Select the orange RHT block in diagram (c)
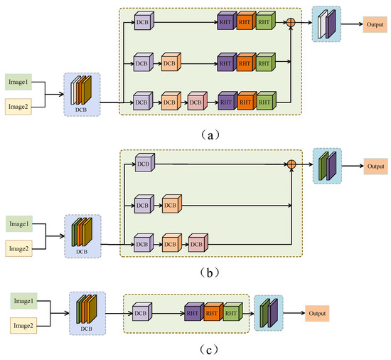click(211, 312)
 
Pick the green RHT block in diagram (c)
click(230, 312)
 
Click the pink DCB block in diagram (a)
click(195, 102)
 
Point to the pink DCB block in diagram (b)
click(195, 245)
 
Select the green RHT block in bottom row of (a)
click(264, 102)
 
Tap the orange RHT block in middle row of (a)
click(246, 63)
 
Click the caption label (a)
click(195, 132)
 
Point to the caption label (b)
click(195, 272)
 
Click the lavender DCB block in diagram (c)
click(141, 312)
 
